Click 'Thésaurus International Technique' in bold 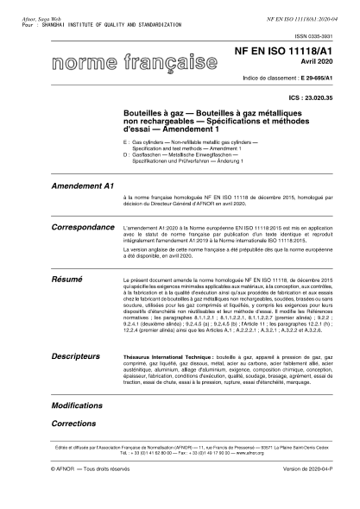(x=177, y=355)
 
